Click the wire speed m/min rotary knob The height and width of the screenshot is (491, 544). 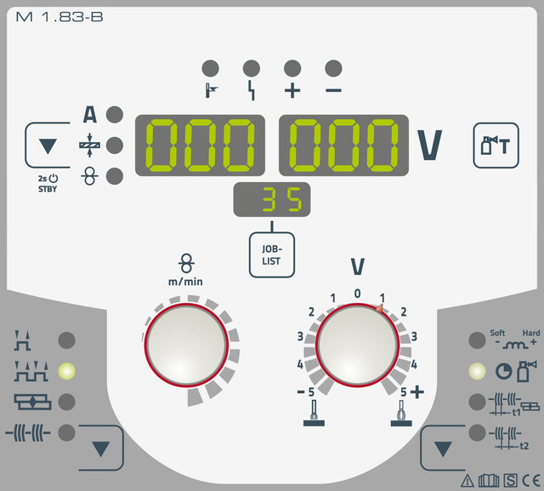pyautogui.click(x=187, y=345)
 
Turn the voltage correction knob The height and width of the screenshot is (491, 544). pyautogui.click(x=357, y=345)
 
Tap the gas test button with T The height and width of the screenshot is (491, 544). pyautogui.click(x=496, y=146)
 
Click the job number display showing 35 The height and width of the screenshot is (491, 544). pyautogui.click(x=272, y=199)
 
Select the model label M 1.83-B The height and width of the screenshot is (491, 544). pyautogui.click(x=59, y=17)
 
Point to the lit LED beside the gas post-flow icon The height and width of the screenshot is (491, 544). pyautogui.click(x=477, y=371)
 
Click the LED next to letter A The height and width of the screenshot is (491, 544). pyautogui.click(x=115, y=115)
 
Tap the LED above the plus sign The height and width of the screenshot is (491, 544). pyautogui.click(x=292, y=68)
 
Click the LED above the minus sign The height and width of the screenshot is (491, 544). pyautogui.click(x=333, y=68)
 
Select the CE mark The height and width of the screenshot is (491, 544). pyautogui.click(x=531, y=481)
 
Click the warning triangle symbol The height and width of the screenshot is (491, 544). pyautogui.click(x=467, y=481)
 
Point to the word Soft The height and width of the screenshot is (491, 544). pyautogui.click(x=497, y=333)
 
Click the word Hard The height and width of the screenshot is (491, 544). pyautogui.click(x=531, y=333)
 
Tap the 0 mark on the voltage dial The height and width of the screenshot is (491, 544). pyautogui.click(x=357, y=294)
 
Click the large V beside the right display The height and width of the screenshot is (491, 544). pyautogui.click(x=429, y=146)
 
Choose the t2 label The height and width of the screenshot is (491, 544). pyautogui.click(x=524, y=446)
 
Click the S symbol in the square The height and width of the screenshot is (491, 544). pyautogui.click(x=510, y=481)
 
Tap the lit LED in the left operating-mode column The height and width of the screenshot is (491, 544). pyautogui.click(x=66, y=371)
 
